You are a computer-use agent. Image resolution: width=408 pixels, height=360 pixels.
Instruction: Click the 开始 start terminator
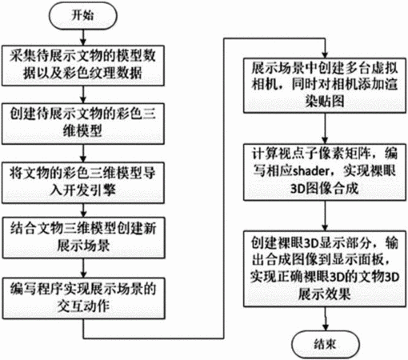coord(82,15)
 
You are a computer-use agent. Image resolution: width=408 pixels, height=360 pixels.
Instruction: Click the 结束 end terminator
coord(326,344)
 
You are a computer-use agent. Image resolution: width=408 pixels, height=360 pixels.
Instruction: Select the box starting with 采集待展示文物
coord(83,66)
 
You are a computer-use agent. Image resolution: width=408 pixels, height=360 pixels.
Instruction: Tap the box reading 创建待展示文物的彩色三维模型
coord(83,124)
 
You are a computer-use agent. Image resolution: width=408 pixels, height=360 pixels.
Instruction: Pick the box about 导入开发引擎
coord(83,182)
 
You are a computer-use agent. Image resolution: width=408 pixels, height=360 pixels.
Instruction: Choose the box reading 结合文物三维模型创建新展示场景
coord(83,238)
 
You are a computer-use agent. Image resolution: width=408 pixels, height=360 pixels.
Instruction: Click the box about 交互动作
coord(83,298)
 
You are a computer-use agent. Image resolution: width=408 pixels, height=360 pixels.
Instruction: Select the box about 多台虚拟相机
coord(325,86)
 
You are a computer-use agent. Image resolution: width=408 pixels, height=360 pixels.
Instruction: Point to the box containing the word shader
coord(325,172)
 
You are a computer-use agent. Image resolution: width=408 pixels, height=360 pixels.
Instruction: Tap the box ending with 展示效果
coord(325,269)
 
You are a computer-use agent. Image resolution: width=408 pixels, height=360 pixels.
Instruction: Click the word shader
coord(311,171)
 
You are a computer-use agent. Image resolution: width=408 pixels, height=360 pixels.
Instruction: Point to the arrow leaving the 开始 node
coord(83,37)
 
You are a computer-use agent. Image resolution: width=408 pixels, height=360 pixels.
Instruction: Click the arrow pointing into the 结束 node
coord(325,319)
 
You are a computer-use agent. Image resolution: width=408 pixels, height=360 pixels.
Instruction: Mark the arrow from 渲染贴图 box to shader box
coord(325,129)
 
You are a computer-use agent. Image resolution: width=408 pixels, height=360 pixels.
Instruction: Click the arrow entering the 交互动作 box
coord(83,268)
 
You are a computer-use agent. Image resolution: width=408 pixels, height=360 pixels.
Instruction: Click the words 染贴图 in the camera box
coord(325,102)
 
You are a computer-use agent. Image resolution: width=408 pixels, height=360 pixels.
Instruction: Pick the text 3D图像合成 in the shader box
coord(324,189)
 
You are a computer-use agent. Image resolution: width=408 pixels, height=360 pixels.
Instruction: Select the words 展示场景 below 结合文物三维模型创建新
coord(83,246)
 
